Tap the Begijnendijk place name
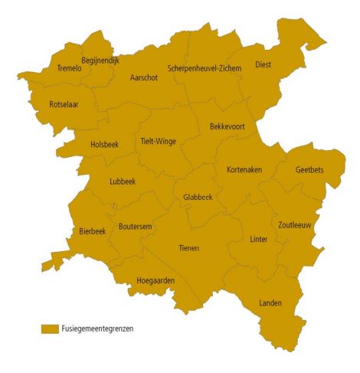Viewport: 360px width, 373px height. (x=100, y=60)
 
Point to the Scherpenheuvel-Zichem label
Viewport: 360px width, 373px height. (x=204, y=68)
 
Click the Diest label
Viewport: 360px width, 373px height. (x=263, y=65)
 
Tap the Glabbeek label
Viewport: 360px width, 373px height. (x=198, y=197)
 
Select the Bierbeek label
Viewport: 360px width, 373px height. (x=93, y=231)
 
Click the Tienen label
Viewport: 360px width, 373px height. (x=188, y=248)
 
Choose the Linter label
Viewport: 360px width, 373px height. (x=259, y=240)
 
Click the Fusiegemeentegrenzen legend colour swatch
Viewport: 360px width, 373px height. (x=51, y=328)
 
